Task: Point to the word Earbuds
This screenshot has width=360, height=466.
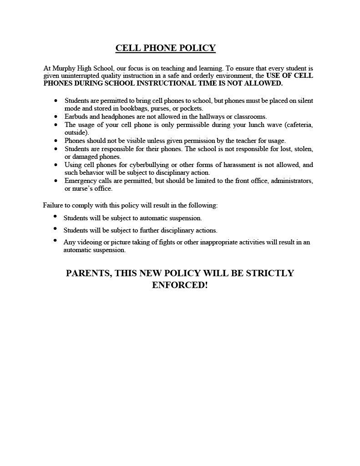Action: pos(76,116)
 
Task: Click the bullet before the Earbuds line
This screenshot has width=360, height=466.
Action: pos(56,116)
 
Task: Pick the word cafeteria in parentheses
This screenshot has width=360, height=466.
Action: pos(298,125)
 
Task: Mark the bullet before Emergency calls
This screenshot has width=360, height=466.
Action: pos(56,181)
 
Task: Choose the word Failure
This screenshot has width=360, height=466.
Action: pos(53,205)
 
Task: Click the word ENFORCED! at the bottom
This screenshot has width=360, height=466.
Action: pos(180,285)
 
